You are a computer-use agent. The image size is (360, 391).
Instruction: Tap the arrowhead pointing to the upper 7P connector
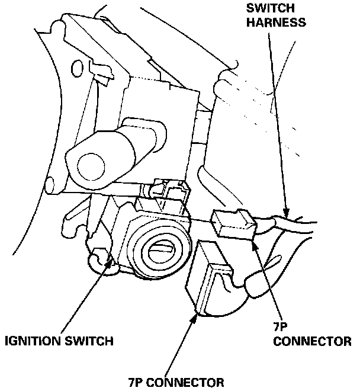click(255, 238)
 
